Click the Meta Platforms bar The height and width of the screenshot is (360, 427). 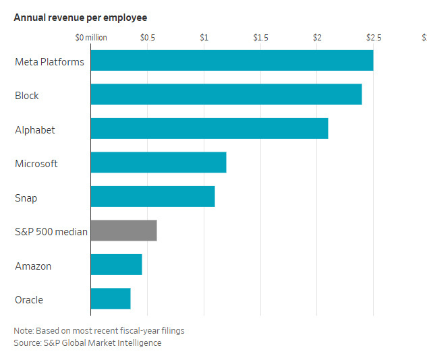[x=231, y=61]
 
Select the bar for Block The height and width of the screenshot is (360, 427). [x=226, y=94]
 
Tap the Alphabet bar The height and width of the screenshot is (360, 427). [x=209, y=128]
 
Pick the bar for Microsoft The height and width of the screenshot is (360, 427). [x=159, y=162]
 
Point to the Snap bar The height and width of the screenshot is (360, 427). [x=152, y=196]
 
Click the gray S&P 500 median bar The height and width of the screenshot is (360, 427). [x=123, y=231]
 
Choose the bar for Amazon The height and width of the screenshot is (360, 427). [x=116, y=264]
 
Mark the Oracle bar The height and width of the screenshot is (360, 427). [x=111, y=298]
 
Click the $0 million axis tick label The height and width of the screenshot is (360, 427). [x=91, y=38]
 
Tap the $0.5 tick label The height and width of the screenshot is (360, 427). [x=148, y=38]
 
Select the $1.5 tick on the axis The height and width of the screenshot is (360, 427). [x=260, y=38]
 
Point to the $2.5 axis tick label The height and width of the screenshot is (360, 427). [x=374, y=38]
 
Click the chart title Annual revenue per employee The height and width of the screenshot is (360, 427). [x=80, y=17]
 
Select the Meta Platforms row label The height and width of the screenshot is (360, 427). [x=49, y=62]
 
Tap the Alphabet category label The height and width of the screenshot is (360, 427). [x=35, y=129]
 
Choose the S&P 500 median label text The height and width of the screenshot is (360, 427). [x=51, y=232]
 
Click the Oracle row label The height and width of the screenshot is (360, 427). [x=29, y=299]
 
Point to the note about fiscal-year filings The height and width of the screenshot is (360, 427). [x=99, y=330]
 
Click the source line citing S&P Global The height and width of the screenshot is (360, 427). [x=88, y=342]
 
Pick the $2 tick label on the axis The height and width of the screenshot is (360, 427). [x=317, y=38]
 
